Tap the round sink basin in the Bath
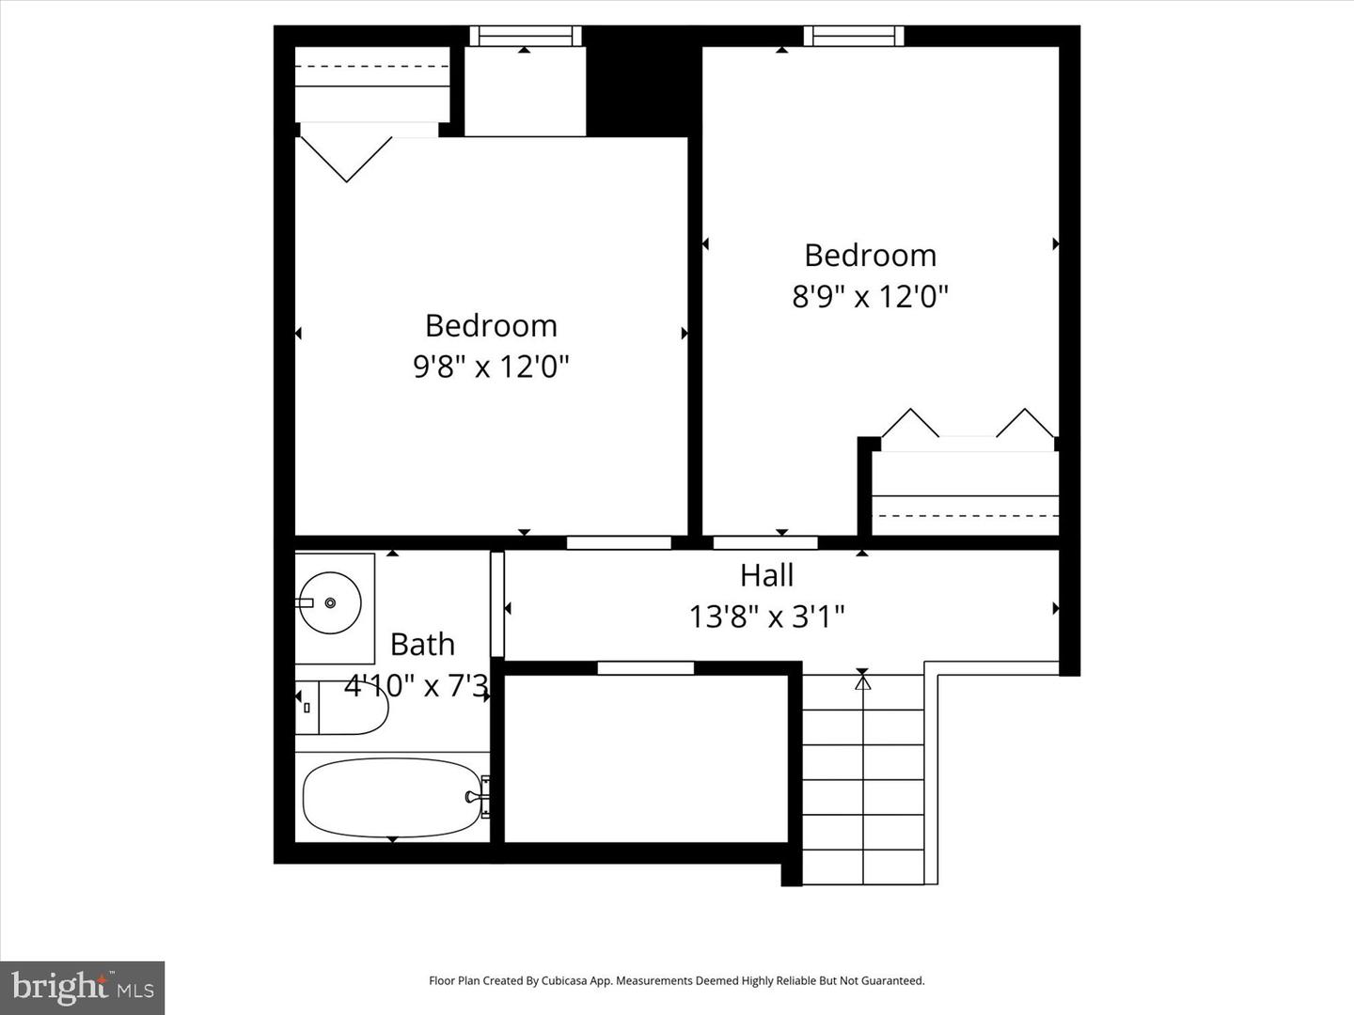pos(329,602)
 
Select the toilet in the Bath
pos(343,708)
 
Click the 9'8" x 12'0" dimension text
pos(491,366)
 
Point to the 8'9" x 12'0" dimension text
pos(870,296)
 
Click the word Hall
pos(766,575)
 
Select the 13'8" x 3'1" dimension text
pos(766,617)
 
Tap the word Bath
pos(422,645)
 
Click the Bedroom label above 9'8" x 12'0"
pos(491,325)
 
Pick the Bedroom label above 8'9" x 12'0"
pos(870,256)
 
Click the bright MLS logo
pos(83,988)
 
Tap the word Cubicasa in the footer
pos(563,980)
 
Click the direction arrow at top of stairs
pos(862,680)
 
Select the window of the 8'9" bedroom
pos(854,36)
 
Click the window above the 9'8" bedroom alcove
pos(526,36)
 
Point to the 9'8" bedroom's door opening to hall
pos(619,542)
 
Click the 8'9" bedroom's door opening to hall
pos(765,542)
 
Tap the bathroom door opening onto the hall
pos(497,604)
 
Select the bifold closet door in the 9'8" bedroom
pos(346,157)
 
